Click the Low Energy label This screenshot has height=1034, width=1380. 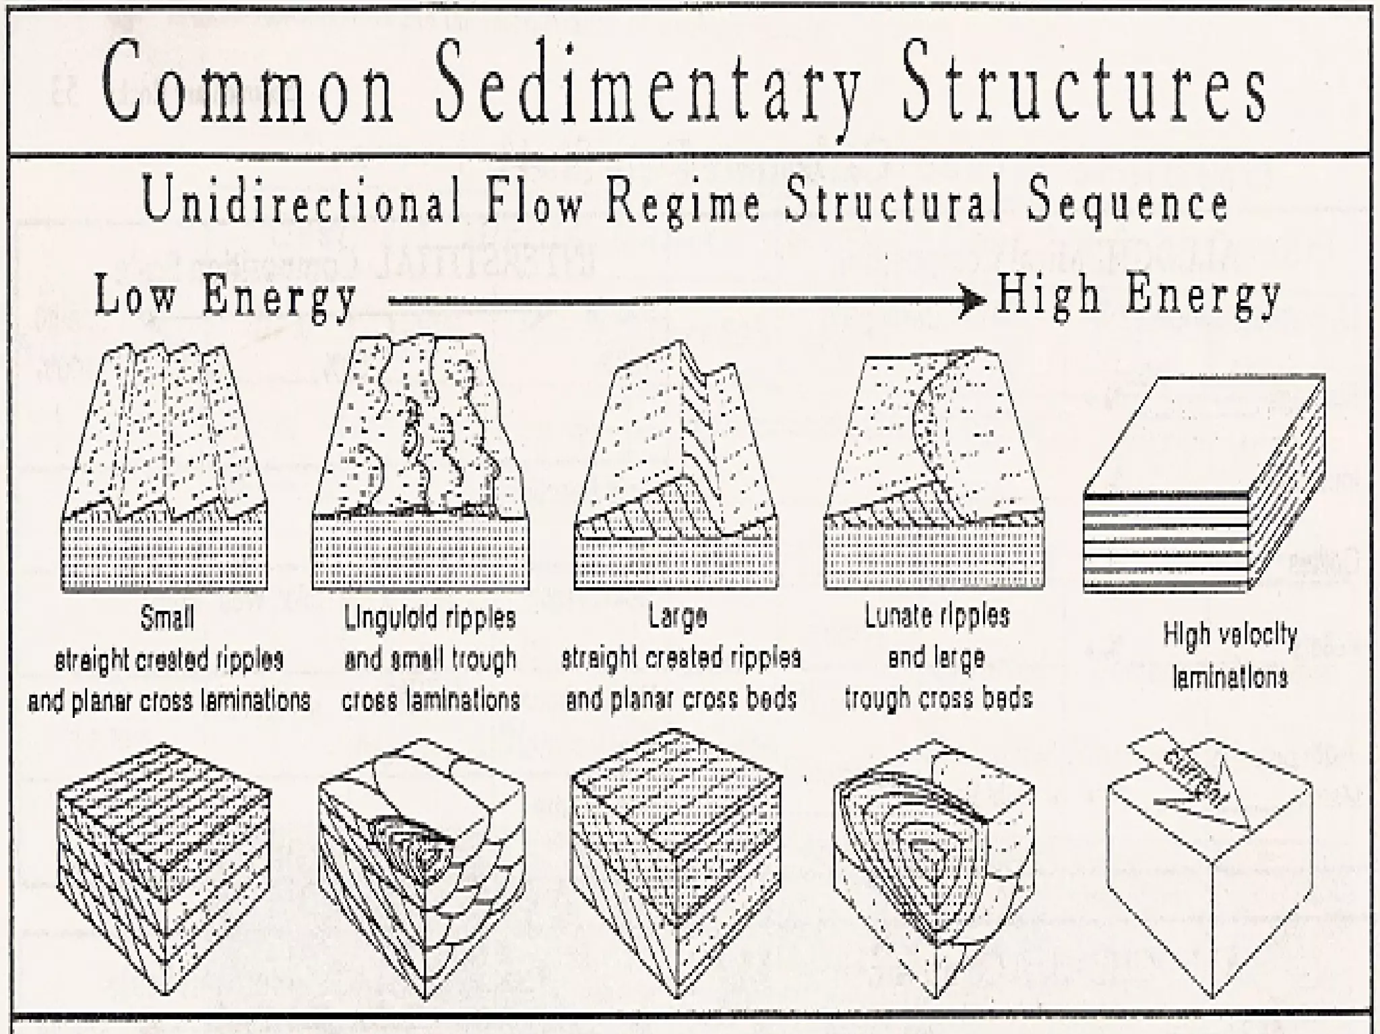tap(226, 297)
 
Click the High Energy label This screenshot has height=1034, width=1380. tap(1139, 297)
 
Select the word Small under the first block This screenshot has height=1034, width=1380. tap(167, 617)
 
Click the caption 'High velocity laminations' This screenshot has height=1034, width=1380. tap(1230, 655)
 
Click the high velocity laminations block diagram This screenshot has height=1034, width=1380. tap(1203, 485)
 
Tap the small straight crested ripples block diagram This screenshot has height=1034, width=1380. tap(165, 472)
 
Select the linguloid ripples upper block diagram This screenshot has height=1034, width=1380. tap(421, 465)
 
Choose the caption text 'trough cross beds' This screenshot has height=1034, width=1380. tap(939, 698)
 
